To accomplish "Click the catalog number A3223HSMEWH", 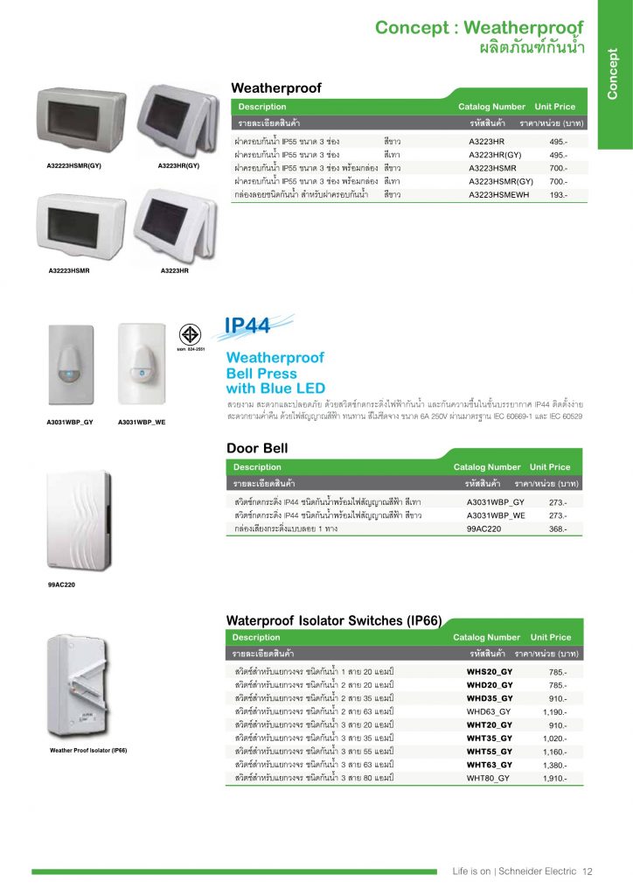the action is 499,195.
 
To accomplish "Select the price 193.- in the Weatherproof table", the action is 558,195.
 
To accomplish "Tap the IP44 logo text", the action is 247,325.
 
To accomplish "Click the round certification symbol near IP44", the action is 190,334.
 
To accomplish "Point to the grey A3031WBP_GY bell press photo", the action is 71,365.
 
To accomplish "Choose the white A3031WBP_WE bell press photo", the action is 142,363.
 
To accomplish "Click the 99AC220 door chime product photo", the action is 79,520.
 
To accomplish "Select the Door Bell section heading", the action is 257,448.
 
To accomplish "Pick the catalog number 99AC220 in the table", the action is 483,528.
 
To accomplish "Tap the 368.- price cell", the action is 558,529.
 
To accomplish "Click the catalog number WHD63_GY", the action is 489,711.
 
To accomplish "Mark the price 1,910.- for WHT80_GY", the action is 555,778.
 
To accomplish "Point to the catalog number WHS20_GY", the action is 489,671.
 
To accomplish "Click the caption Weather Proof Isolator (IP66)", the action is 88,750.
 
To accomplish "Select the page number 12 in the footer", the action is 588,871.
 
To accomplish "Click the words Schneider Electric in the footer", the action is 537,871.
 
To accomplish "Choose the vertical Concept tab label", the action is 612,73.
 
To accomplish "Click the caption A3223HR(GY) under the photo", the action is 178,165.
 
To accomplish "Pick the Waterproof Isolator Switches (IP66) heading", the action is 334,620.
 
